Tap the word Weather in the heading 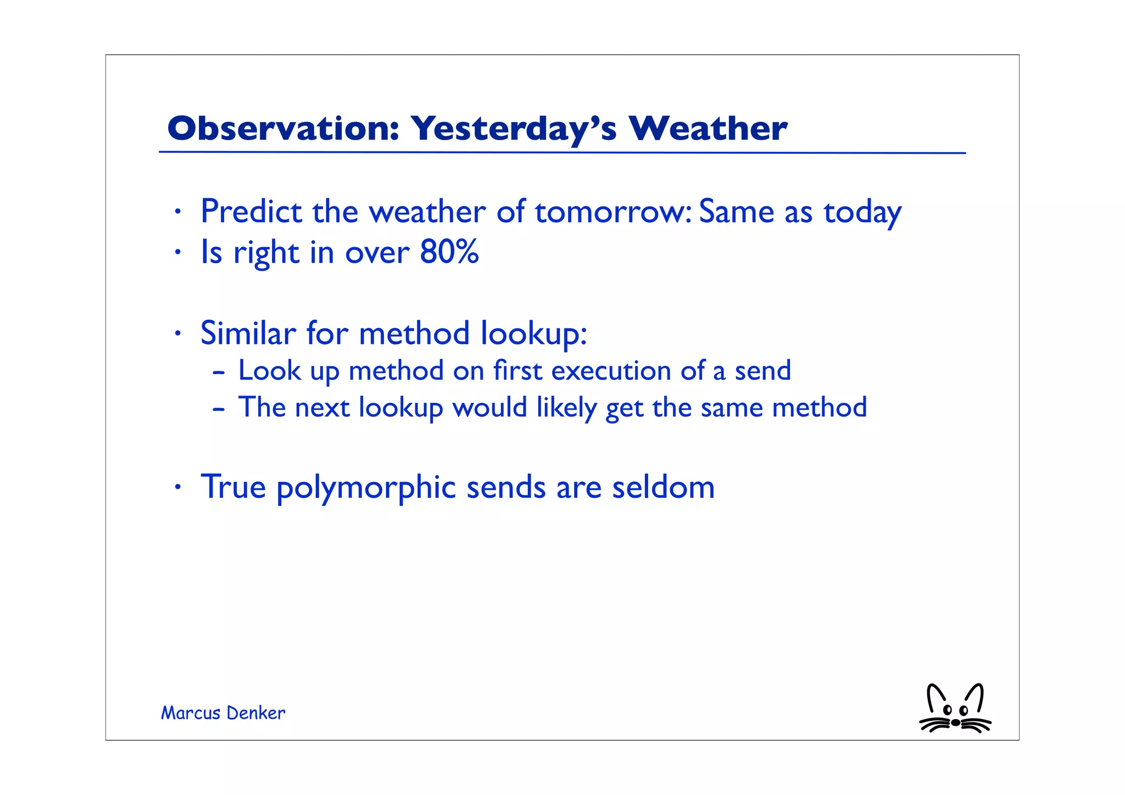tap(708, 129)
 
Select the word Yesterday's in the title tap(514, 130)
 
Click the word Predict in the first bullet tap(251, 212)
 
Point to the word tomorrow tap(612, 213)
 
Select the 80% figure tap(449, 252)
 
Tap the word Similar tap(248, 333)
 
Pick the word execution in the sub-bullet tap(611, 371)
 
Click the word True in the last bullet tap(233, 487)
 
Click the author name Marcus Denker tap(222, 713)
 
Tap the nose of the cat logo tap(956, 722)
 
